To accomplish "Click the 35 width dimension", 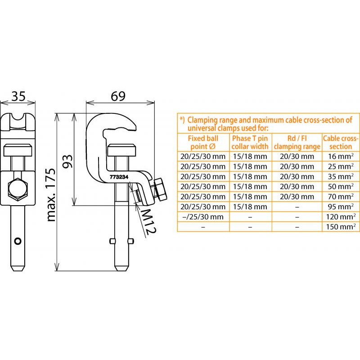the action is pos(18,96).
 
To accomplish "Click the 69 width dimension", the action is pos(118,96).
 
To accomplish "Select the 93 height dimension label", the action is pos(68,161).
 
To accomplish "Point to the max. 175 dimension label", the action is pos(51,195).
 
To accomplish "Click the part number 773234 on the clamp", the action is pos(119,177).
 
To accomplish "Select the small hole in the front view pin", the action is pos(18,241).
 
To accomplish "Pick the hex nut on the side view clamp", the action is pos(160,189).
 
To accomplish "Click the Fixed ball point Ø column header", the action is pos(203,142).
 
